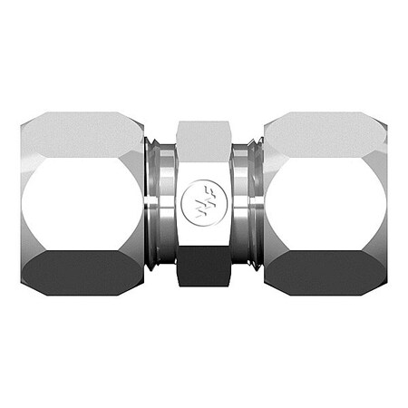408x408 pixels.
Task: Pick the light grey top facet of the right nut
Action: coord(325,134)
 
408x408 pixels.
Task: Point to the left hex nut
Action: coord(82,181)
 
